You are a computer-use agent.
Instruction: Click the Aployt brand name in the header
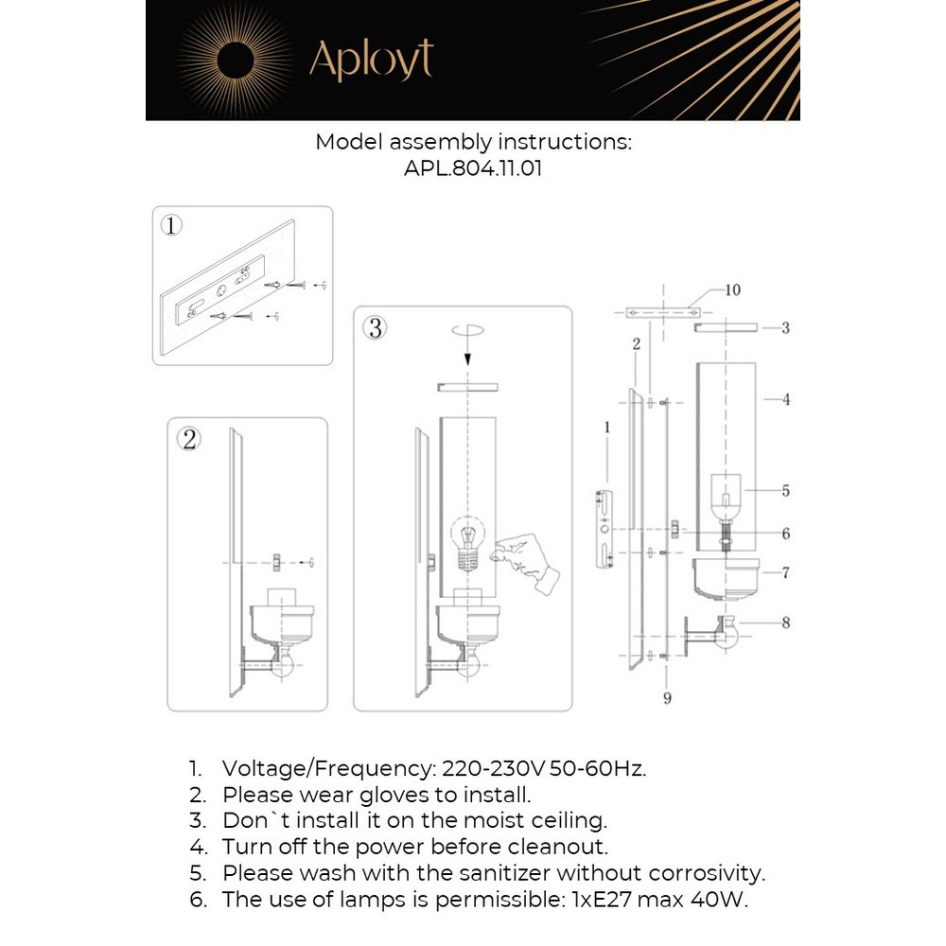coord(371,60)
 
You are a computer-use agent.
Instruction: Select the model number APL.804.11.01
coord(473,168)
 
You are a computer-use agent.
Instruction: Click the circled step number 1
coord(171,225)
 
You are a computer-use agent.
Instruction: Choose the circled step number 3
coord(376,327)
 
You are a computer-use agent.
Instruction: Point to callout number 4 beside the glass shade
coord(785,399)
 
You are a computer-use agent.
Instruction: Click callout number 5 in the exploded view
coord(785,491)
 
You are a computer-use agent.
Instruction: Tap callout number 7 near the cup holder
coord(785,572)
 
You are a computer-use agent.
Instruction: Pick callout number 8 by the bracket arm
coord(785,622)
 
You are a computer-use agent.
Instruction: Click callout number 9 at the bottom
coord(667,698)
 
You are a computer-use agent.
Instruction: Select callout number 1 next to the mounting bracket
coord(607,428)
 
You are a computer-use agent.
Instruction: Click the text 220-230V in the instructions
coord(482,768)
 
